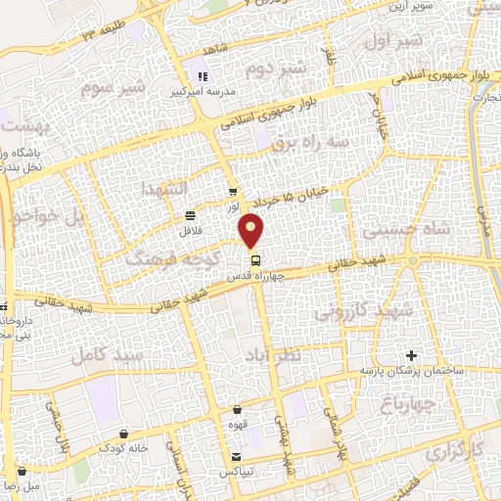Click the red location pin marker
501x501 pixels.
[x=252, y=232]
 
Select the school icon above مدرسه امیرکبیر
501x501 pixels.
[x=204, y=76]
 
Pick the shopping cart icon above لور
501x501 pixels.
[x=232, y=192]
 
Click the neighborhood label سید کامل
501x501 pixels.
[x=103, y=354]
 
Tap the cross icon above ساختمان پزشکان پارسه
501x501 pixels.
[x=411, y=354]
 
